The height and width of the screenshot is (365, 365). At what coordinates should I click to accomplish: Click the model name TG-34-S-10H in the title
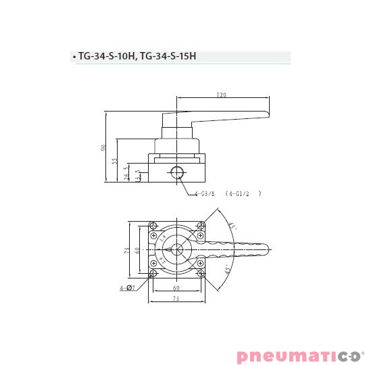105,57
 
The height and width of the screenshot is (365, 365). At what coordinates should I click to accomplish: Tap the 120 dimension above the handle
221,95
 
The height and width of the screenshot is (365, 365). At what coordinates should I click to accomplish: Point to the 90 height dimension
105,147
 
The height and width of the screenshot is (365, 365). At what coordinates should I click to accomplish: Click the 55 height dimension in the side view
116,161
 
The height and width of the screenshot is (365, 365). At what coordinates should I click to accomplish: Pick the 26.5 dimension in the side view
126,172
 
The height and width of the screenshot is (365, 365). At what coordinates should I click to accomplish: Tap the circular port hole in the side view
178,172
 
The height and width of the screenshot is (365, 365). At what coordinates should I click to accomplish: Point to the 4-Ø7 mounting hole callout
126,288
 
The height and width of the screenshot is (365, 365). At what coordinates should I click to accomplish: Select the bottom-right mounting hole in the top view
202,273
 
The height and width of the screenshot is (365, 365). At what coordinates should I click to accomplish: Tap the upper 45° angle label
233,226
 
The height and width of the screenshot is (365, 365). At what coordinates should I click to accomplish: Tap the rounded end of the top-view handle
266,249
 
